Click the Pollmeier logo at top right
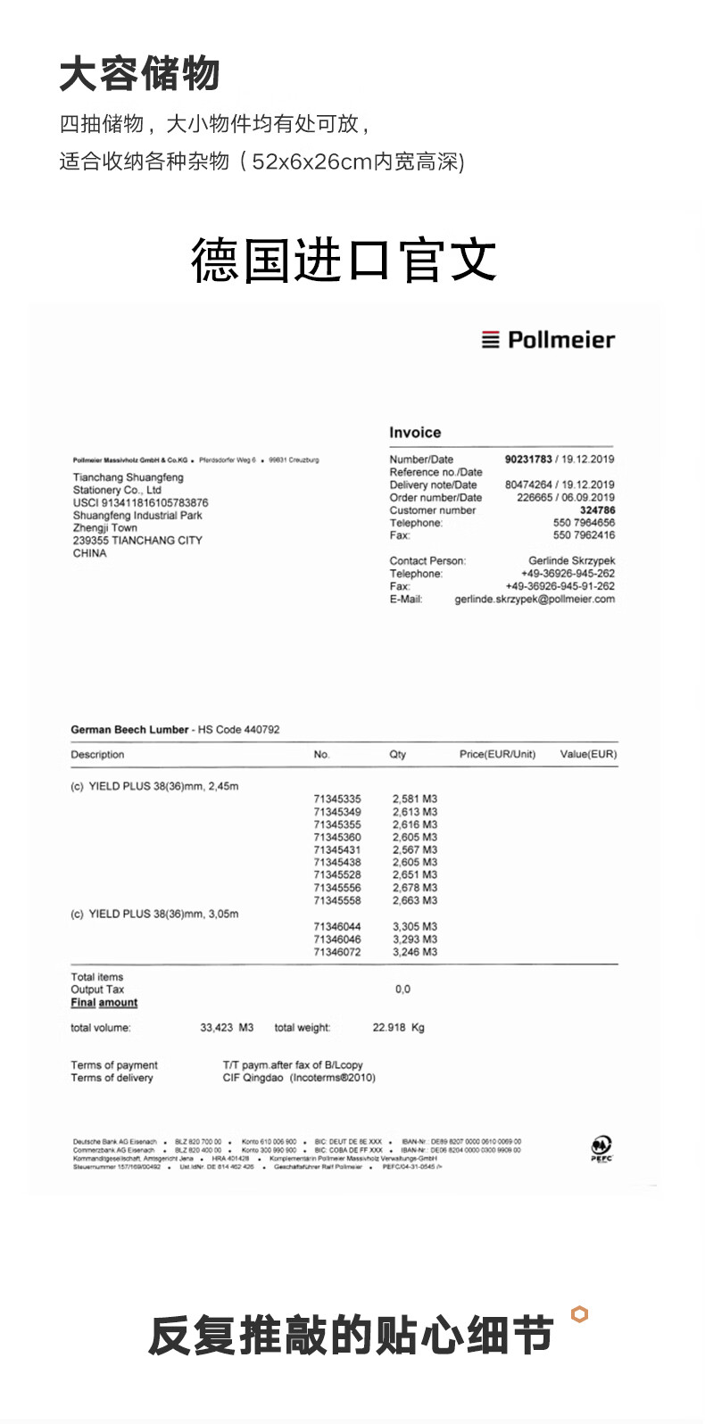click(x=548, y=340)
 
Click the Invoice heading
click(x=415, y=433)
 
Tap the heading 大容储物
click(x=139, y=74)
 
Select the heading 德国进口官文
click(x=344, y=260)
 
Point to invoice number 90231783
click(x=528, y=459)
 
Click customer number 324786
click(x=597, y=510)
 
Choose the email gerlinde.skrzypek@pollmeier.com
click(x=535, y=600)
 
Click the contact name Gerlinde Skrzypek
click(x=571, y=561)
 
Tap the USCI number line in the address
click(x=140, y=503)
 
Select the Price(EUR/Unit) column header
click(x=497, y=755)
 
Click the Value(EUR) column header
click(x=588, y=755)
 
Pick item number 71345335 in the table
click(x=337, y=799)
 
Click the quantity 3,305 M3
click(x=415, y=927)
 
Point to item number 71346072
click(x=337, y=953)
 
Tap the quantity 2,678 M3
click(x=415, y=889)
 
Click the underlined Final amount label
click(x=104, y=1003)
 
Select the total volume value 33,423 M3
click(x=227, y=1028)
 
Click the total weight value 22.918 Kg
click(x=398, y=1028)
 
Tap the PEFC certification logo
click(x=601, y=1148)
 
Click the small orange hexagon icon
click(x=580, y=1314)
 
